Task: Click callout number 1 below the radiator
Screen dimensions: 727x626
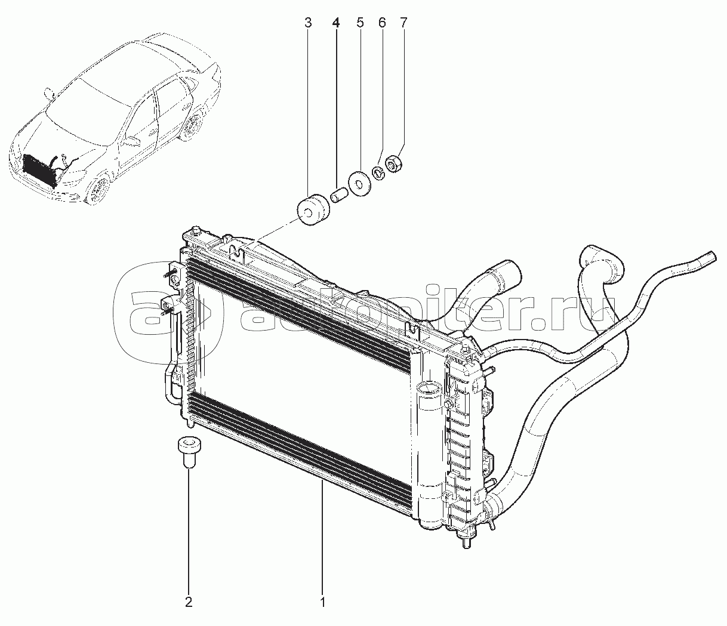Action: [322, 602]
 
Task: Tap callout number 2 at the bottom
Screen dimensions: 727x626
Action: [189, 602]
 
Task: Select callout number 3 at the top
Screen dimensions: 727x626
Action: [307, 23]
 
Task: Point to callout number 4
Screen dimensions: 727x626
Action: [335, 23]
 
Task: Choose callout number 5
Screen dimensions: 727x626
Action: [360, 23]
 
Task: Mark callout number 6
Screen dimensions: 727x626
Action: [382, 23]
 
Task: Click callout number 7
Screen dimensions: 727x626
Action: [403, 23]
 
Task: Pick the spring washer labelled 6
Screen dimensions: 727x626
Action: [378, 172]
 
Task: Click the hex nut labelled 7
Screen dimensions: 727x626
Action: [395, 162]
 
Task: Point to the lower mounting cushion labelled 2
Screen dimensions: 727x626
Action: [189, 451]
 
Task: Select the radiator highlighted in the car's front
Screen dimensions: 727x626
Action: [39, 170]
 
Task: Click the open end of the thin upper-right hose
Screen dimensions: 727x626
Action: [710, 257]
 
